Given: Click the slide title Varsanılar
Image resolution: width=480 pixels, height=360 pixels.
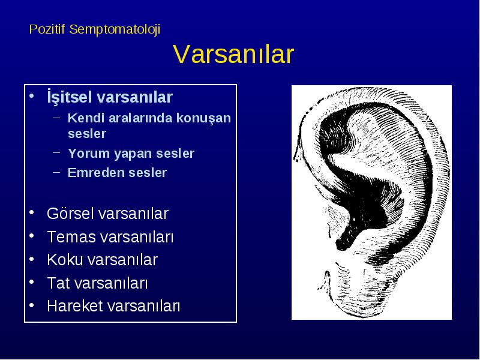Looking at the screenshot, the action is tap(233, 54).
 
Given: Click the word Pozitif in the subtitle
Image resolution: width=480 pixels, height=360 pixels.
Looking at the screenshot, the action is tap(47, 29).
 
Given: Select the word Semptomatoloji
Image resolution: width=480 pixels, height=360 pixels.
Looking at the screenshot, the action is tap(115, 30).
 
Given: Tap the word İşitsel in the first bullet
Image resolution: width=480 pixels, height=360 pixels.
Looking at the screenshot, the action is tap(70, 97).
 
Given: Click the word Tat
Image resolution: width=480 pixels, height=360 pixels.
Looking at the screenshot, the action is tap(58, 283).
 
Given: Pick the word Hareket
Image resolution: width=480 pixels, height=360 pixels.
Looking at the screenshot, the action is tap(73, 306).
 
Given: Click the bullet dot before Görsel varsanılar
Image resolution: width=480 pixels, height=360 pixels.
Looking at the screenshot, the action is tap(32, 212).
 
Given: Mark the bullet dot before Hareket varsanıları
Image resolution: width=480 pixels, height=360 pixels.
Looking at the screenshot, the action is tap(32, 305).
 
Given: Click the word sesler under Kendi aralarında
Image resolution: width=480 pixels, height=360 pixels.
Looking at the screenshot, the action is tap(87, 134).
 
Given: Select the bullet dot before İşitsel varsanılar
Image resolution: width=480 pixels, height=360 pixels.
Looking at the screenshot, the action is tap(32, 95).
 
